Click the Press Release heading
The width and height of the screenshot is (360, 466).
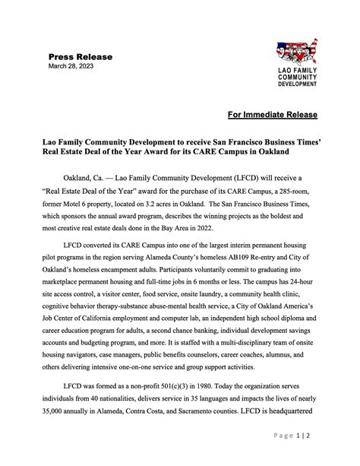point(80,57)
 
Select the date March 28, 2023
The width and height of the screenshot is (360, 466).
point(71,67)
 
